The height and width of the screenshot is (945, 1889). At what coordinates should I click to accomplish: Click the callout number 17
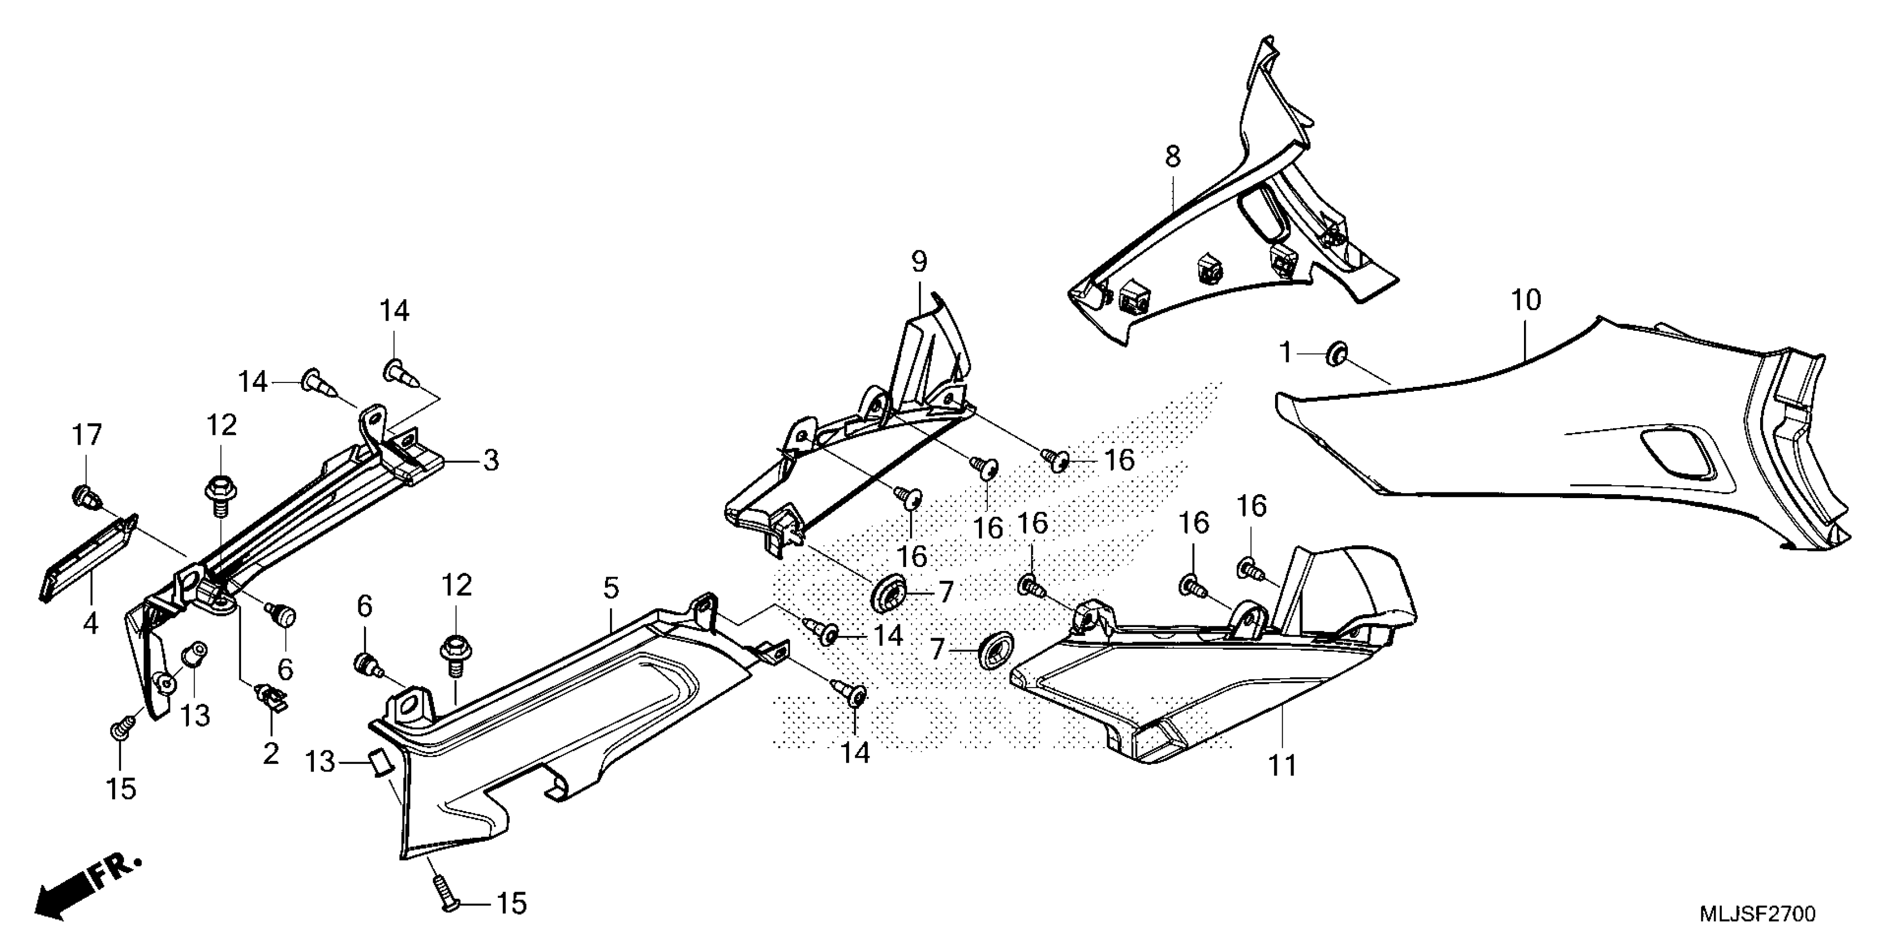point(87,436)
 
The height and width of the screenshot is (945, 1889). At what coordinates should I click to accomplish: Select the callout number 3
point(491,461)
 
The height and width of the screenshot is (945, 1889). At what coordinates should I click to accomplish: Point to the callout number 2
point(271,754)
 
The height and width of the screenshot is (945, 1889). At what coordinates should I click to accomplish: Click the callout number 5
point(611,588)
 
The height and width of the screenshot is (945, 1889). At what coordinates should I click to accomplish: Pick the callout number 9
point(919,262)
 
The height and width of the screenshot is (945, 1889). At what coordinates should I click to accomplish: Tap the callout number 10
point(1526,300)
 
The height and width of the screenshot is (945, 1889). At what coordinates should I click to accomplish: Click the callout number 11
point(1282,766)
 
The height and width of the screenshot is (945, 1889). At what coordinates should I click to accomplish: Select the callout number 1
point(1285,354)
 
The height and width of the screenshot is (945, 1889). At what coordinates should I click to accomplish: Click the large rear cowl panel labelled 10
point(1577,440)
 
